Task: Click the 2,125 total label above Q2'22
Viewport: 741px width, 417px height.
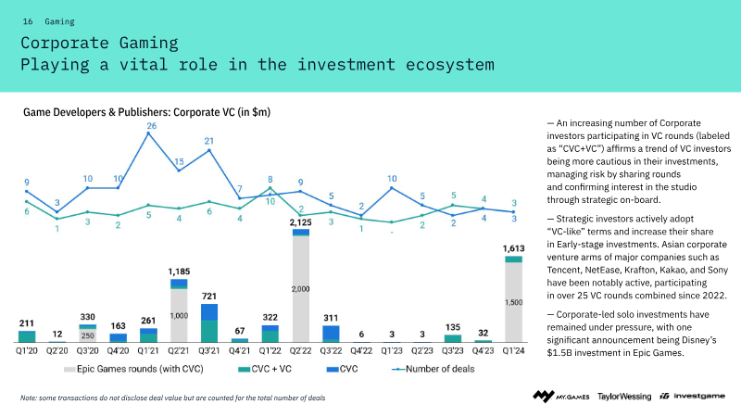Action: point(300,222)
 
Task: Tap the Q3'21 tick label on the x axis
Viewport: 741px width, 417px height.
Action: point(209,350)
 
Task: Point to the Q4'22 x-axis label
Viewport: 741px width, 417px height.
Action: point(361,350)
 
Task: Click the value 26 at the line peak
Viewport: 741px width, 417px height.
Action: point(150,126)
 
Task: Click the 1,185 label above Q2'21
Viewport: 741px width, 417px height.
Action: point(179,271)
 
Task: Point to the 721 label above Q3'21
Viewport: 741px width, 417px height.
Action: point(209,295)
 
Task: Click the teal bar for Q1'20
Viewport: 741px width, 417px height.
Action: point(27,336)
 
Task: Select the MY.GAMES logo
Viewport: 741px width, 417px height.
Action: point(558,397)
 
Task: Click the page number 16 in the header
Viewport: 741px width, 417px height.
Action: point(27,20)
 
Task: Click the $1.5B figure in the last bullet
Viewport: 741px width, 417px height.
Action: point(565,353)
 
